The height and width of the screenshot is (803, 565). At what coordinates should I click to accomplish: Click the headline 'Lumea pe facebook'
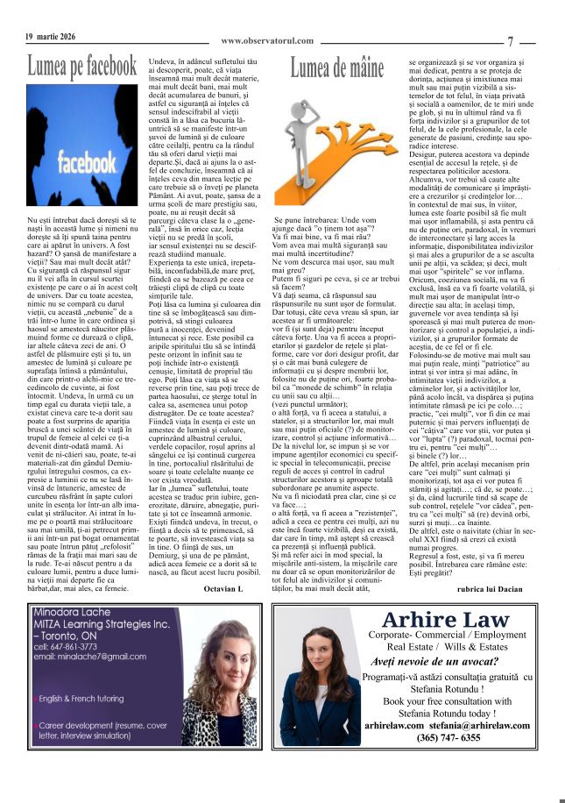[x=82, y=67]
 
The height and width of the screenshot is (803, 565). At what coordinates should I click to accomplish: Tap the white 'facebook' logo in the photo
[x=81, y=164]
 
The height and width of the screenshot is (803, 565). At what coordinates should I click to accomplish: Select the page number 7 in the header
[x=510, y=40]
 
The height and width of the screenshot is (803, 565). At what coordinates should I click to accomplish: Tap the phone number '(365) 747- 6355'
[x=449, y=738]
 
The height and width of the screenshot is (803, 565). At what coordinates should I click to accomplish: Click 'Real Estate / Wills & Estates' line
[x=447, y=646]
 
